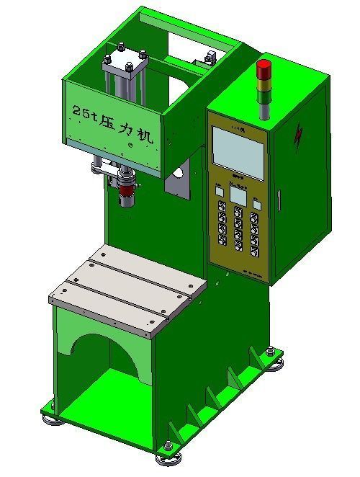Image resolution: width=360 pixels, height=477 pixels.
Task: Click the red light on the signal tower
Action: tap(264, 68)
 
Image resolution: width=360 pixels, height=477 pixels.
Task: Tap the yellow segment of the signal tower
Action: tap(264, 82)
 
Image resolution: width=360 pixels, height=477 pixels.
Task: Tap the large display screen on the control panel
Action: tap(238, 156)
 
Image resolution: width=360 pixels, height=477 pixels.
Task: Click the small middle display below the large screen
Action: tap(238, 197)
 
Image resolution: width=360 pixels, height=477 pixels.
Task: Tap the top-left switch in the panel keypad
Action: tap(221, 208)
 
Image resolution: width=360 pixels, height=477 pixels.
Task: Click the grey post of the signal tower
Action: tap(264, 108)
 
